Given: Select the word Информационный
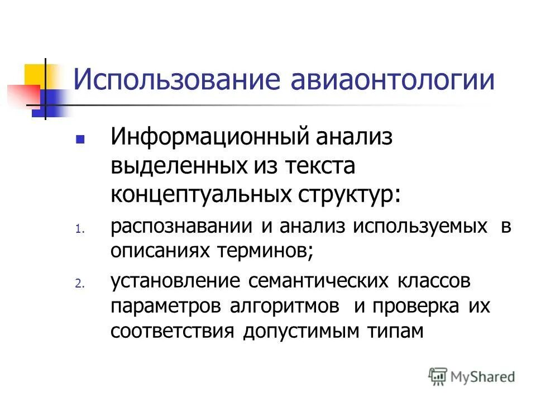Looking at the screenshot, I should tap(213, 137).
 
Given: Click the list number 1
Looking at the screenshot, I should tap(79, 228).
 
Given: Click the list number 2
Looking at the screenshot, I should tap(79, 284).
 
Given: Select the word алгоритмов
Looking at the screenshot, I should tap(285, 306).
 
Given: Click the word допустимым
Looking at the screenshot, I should tap(303, 331).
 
